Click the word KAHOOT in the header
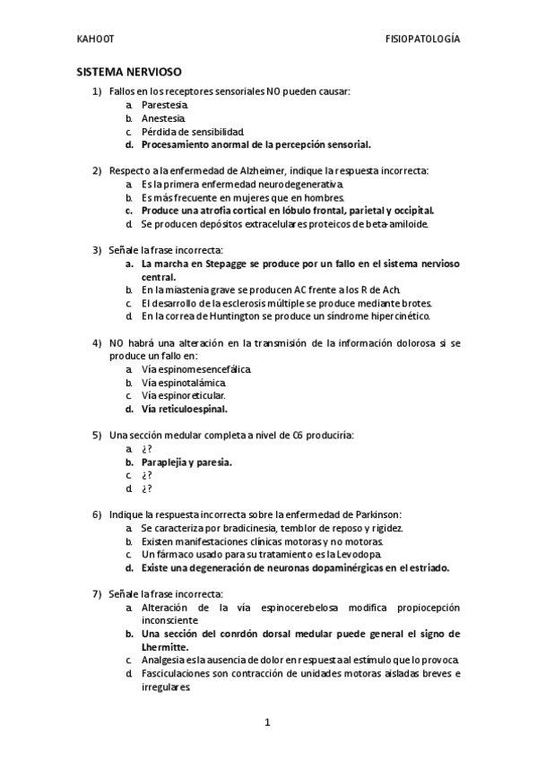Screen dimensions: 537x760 point(95,40)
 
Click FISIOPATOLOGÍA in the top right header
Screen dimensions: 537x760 point(421,40)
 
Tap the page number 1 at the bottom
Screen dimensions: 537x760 point(267,721)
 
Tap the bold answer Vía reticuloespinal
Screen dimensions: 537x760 point(184,408)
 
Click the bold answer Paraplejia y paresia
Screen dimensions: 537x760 point(186,462)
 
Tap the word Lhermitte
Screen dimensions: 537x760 point(164,646)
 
